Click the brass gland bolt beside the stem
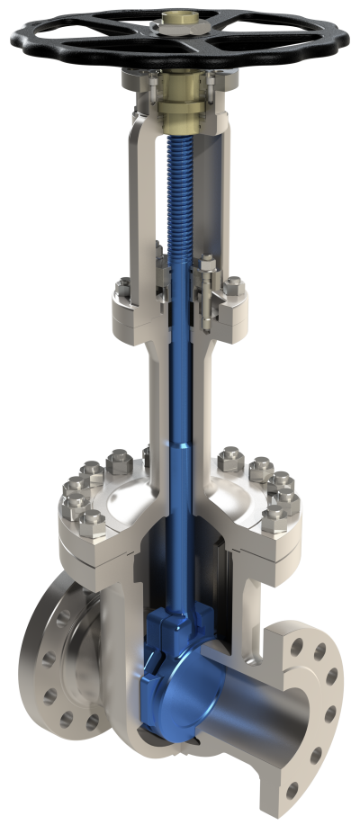[x=210, y=297]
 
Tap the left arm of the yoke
[x=136, y=198]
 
